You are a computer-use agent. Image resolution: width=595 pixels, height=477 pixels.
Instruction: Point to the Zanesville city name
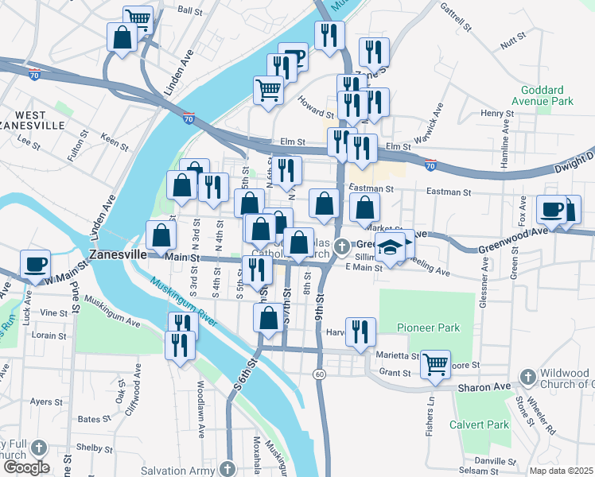point(117,254)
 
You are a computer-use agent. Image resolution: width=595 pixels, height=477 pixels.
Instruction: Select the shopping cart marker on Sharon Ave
point(435,364)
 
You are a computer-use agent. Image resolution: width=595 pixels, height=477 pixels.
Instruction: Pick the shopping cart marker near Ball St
point(138,17)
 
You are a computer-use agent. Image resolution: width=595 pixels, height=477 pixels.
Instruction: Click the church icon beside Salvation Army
point(229,467)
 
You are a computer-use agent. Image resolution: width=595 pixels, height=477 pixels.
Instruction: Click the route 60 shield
point(319,374)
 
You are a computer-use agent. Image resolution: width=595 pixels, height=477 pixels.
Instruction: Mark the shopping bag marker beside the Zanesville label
point(161,235)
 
